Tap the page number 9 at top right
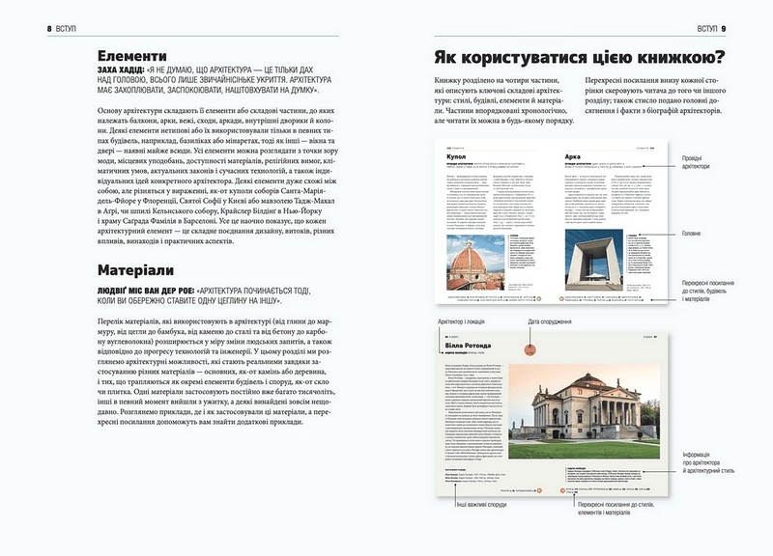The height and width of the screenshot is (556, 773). click(750, 27)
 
